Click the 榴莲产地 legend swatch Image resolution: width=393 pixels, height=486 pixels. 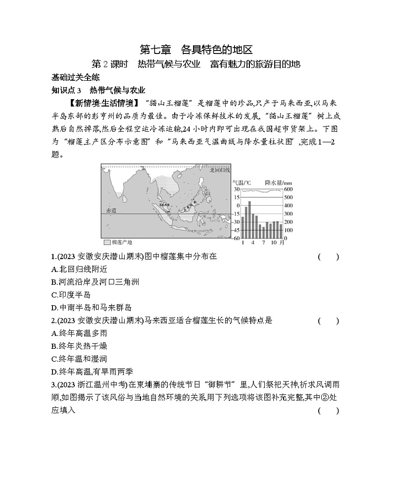107,242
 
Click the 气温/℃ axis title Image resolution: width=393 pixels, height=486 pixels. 241,182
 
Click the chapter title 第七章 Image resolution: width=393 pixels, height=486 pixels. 155,50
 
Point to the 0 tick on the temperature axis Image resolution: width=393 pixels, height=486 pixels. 238,206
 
